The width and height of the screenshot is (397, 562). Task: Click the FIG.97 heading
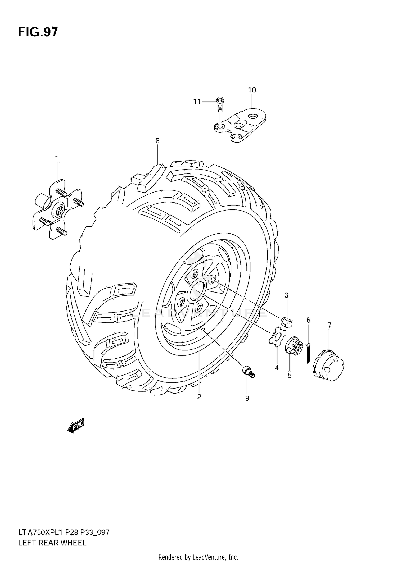(x=38, y=32)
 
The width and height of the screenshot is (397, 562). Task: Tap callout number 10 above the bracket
(x=252, y=90)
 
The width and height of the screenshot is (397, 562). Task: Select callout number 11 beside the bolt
(x=197, y=101)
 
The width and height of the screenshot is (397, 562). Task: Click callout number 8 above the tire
(x=157, y=141)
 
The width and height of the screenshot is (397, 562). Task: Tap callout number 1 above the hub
(x=57, y=158)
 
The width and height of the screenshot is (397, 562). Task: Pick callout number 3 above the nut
(x=286, y=295)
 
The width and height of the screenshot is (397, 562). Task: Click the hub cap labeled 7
(x=328, y=365)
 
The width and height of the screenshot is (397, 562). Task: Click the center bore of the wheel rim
(x=196, y=290)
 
